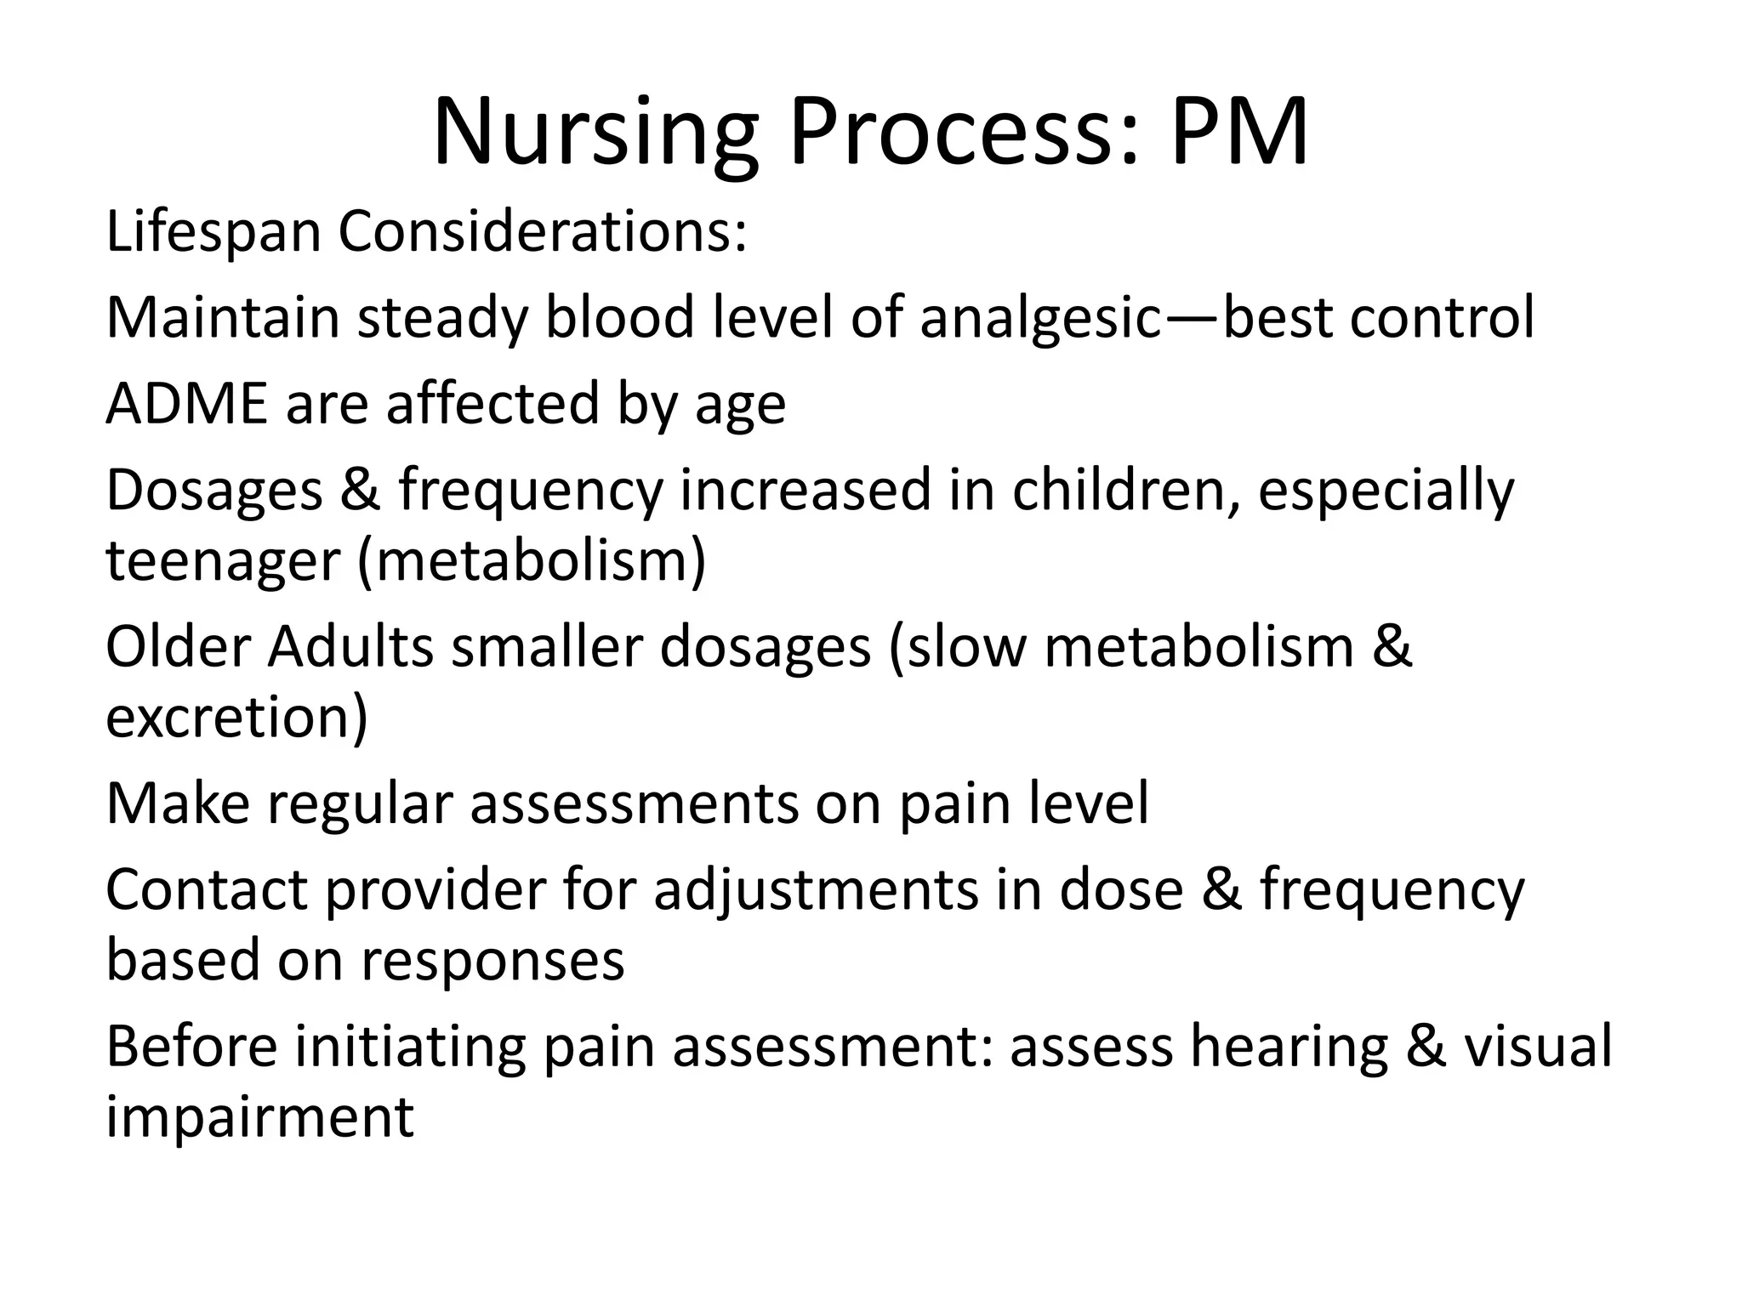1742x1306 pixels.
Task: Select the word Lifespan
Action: [213, 232]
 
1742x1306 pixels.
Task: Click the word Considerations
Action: [542, 232]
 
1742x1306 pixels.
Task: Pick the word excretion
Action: [230, 718]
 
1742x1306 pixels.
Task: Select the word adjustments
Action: [816, 891]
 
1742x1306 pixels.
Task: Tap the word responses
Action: [492, 962]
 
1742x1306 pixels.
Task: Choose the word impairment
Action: [259, 1118]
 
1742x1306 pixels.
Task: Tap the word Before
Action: [191, 1048]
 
